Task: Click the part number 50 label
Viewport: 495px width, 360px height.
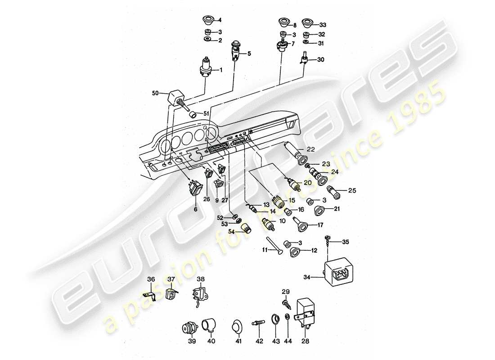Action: coord(156,93)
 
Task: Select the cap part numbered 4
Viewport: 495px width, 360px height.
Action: coord(208,20)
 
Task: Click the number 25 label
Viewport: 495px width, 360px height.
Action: coord(352,191)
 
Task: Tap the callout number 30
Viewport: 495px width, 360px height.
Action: coord(320,59)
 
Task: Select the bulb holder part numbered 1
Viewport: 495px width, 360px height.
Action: coord(206,69)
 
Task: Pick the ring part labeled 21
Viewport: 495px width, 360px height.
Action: coord(321,209)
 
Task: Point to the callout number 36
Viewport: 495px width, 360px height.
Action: coord(151,279)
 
